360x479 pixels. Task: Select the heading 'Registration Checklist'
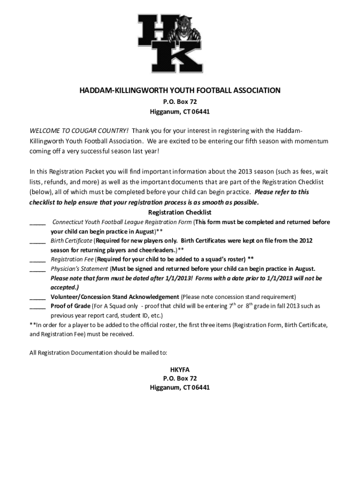pos(180,212)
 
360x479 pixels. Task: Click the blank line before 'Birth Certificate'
pos(37,241)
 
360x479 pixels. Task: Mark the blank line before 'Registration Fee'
pos(37,260)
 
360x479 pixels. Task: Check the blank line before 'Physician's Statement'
pos(37,269)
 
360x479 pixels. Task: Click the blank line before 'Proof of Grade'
pos(37,306)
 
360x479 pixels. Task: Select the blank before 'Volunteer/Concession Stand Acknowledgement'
pos(37,297)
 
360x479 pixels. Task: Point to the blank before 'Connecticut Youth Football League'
pos(37,222)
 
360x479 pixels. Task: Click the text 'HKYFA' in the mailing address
pos(180,369)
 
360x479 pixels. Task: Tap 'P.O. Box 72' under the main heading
pos(180,102)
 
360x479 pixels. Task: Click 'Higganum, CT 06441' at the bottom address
pos(180,388)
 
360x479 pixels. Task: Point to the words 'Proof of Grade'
pos(71,306)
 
